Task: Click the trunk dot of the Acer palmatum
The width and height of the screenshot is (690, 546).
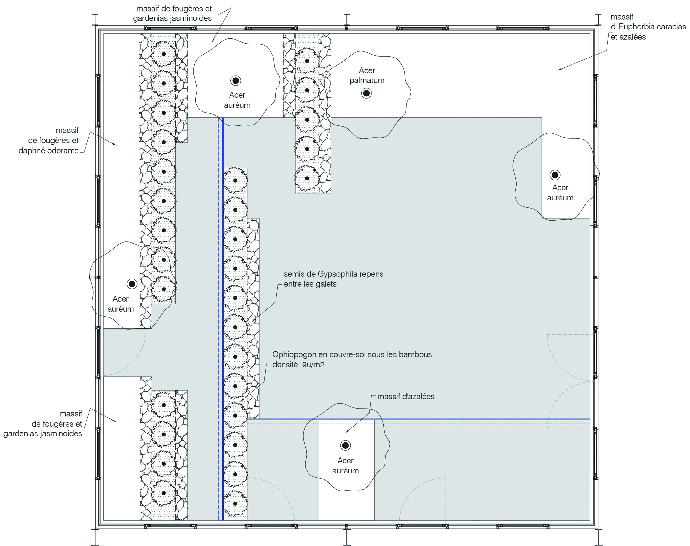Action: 366,93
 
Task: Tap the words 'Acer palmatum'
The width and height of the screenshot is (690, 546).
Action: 367,76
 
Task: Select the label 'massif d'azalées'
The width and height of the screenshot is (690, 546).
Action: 406,397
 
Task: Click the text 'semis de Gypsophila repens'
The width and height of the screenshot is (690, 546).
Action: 333,274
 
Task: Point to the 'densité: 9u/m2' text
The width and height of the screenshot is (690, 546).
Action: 298,365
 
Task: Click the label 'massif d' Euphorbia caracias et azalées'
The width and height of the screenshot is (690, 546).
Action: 648,27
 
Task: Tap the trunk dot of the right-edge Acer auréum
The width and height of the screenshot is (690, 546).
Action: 555,175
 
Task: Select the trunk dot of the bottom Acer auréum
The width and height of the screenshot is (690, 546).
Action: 345,445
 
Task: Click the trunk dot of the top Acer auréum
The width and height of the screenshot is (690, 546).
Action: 236,81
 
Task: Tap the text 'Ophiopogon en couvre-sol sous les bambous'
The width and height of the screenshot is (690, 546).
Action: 352,354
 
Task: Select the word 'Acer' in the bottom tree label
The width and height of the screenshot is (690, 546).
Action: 345,461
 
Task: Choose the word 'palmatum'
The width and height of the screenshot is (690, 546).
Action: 367,81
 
